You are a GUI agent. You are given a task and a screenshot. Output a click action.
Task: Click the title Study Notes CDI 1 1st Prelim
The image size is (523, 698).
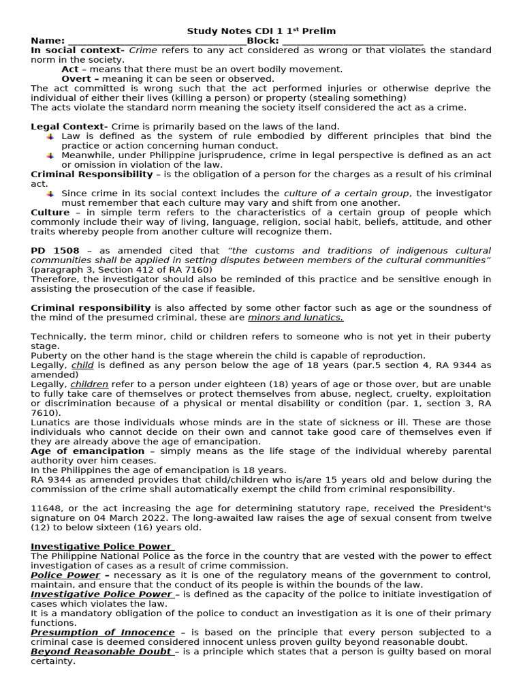[261, 31]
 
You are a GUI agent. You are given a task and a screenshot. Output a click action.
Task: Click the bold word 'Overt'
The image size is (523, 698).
[76, 79]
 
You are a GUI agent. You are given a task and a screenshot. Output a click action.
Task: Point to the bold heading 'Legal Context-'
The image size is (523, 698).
[69, 127]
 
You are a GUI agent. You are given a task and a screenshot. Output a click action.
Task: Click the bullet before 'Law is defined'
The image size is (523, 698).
[50, 136]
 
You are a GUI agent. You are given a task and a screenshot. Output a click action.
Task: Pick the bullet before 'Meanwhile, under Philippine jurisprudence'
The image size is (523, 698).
[50, 155]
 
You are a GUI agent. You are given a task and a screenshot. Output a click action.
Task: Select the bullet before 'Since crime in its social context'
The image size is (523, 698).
[50, 194]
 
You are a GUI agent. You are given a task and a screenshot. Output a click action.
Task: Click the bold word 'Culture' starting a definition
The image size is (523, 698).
[50, 213]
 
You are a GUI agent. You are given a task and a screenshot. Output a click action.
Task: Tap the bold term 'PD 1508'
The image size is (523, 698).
[54, 251]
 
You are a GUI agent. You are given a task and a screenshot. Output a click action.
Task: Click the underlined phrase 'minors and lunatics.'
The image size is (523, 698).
[296, 318]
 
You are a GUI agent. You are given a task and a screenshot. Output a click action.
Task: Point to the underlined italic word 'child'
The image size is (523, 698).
[82, 365]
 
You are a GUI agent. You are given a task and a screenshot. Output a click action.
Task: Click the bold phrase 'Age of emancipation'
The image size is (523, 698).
[87, 451]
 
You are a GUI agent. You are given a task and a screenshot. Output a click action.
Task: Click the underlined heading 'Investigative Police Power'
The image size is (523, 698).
[102, 547]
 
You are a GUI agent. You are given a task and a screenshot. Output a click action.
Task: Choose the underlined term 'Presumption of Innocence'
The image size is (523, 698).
[102, 633]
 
